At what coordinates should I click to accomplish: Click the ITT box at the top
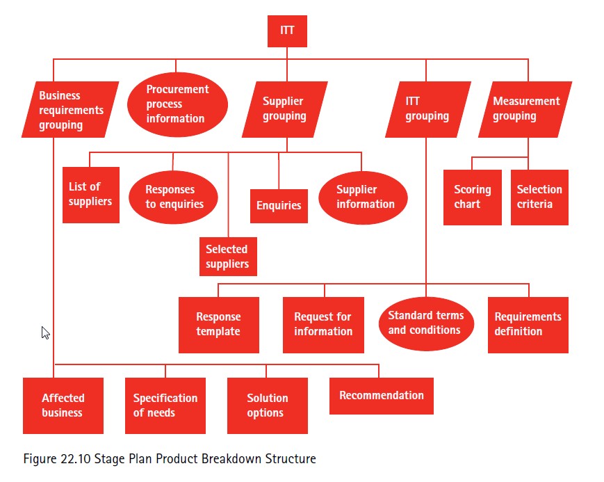(287, 31)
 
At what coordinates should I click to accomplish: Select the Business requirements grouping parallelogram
(70, 110)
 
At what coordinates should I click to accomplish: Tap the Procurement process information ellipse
(177, 104)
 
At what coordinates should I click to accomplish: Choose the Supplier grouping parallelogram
(284, 109)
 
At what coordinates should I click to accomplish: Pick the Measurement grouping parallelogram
(525, 109)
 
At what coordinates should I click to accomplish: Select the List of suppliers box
(90, 195)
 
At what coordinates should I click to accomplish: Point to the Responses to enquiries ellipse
(174, 197)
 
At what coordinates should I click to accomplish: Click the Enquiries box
(279, 205)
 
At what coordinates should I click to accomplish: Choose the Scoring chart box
(472, 197)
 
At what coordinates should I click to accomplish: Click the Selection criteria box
(539, 197)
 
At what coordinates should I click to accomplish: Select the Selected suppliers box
(227, 257)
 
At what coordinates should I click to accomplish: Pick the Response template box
(218, 325)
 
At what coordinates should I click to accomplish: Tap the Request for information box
(323, 325)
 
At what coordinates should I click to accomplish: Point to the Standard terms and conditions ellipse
(425, 323)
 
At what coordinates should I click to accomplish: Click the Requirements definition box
(528, 325)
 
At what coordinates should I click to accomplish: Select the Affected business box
(63, 405)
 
